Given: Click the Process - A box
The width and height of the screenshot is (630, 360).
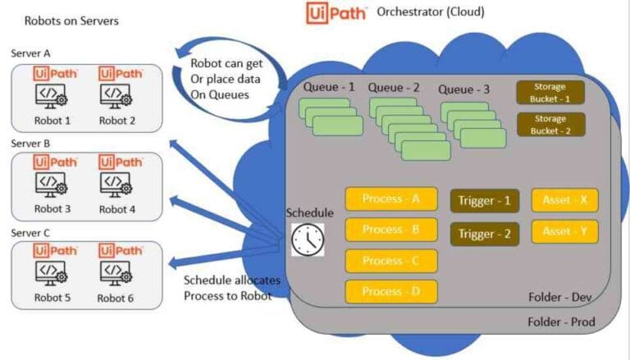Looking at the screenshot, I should pos(391,199).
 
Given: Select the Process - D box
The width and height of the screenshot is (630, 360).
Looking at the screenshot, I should pos(391,292).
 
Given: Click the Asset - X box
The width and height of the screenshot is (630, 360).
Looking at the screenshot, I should pos(564,199).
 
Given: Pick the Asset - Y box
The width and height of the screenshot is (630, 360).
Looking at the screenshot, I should pos(564,232).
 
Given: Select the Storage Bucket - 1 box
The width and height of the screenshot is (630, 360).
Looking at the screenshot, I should pos(550,92).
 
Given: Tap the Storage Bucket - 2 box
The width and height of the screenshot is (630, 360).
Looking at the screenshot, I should pos(550,125).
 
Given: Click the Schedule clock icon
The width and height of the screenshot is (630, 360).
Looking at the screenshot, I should pos(308,239).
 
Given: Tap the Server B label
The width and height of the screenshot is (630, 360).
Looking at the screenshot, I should pos(30,143).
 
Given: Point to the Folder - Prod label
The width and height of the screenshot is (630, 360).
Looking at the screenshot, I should pos(561,321).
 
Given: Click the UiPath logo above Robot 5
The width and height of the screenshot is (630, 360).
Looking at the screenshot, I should pos(55,250).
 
